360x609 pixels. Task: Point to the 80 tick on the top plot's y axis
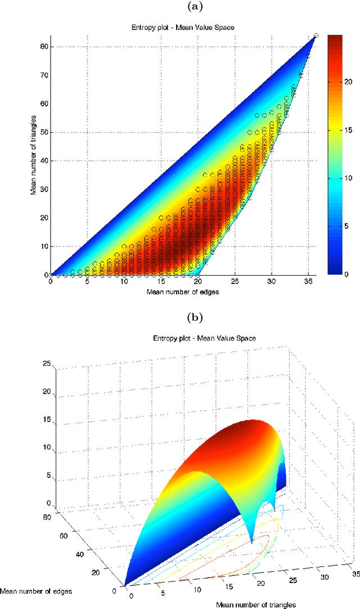click(44, 46)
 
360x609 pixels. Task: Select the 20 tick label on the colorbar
click(348, 82)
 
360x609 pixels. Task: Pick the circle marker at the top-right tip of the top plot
click(316, 35)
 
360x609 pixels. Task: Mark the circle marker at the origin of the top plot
click(51, 275)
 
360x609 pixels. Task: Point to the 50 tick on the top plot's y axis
click(44, 132)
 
